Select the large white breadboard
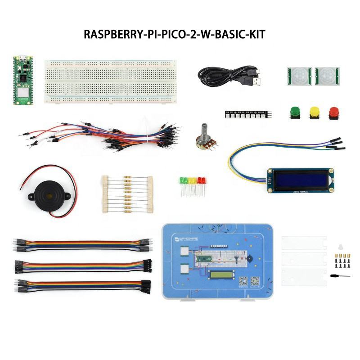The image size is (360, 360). tap(110, 81)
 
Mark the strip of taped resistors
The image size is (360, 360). tap(127, 194)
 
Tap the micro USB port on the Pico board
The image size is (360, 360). tap(21, 59)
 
